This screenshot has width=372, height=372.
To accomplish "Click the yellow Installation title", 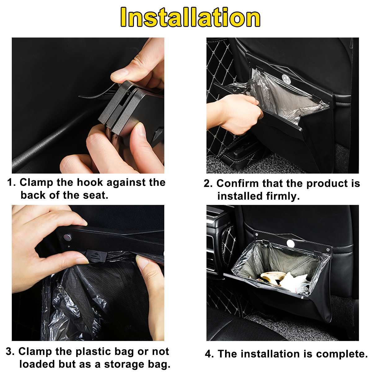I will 190,18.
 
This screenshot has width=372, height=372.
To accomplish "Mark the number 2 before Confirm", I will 208,184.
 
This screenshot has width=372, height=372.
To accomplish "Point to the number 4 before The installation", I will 209,354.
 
